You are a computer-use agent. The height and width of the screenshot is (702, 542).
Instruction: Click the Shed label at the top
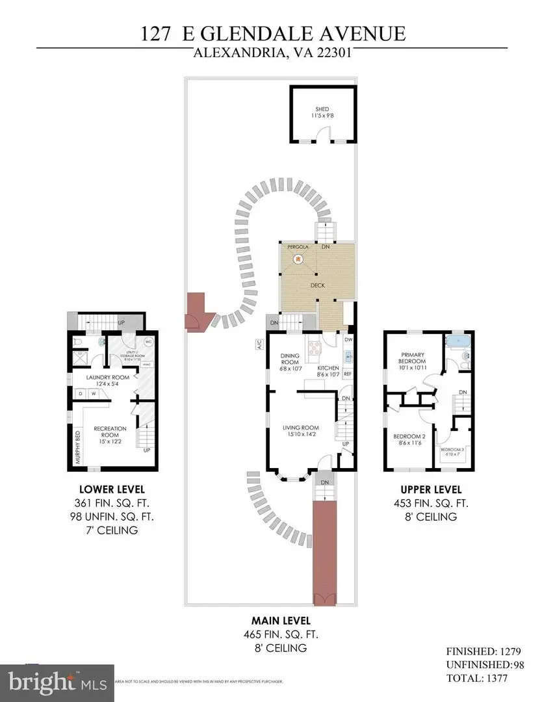click(x=322, y=112)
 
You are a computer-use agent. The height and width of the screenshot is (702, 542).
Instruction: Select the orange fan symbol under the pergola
click(x=297, y=259)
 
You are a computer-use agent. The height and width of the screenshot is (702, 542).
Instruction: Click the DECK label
click(x=317, y=285)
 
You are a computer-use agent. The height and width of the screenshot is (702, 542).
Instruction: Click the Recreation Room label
click(x=105, y=432)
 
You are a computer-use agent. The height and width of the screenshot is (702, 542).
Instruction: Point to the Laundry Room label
click(x=108, y=380)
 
